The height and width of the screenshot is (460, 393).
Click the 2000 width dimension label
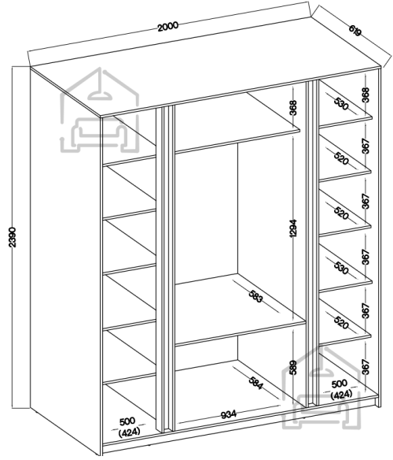pyautogui.click(x=167, y=26)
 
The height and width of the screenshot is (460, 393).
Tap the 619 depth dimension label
pyautogui.click(x=355, y=31)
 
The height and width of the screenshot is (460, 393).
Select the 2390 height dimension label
pyautogui.click(x=13, y=237)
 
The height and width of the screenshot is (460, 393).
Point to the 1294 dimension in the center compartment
pyautogui.click(x=293, y=228)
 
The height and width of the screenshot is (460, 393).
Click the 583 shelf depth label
pyautogui.click(x=256, y=297)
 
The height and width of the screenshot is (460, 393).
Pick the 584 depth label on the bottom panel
pyautogui.click(x=256, y=383)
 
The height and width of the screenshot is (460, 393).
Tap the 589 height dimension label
pyautogui.click(x=293, y=367)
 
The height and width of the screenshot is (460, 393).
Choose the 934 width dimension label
pyautogui.click(x=229, y=414)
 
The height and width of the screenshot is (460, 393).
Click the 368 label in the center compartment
pyautogui.click(x=293, y=108)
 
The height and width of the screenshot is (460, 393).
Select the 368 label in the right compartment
pyautogui.click(x=365, y=95)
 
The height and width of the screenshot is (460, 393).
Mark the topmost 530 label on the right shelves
pyautogui.click(x=341, y=104)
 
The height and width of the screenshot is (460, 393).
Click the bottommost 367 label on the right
pyautogui.click(x=365, y=367)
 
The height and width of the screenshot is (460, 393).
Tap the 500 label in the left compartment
pyautogui.click(x=127, y=421)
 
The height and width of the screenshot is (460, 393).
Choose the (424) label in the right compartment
pyautogui.click(x=341, y=395)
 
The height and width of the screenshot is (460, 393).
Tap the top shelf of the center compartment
pyautogui.click(x=237, y=123)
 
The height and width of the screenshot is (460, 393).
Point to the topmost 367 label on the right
pyautogui.click(x=365, y=146)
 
